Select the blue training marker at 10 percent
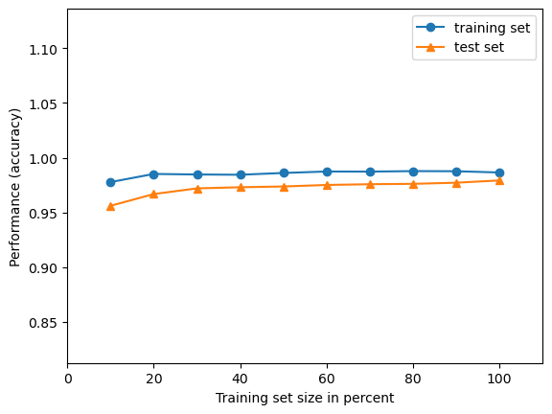(x=110, y=182)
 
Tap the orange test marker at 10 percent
(x=110, y=206)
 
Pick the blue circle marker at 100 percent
(x=499, y=172)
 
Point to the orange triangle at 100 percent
(x=499, y=180)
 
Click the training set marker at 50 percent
(x=284, y=173)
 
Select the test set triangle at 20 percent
(x=153, y=194)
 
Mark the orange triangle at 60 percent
(x=327, y=185)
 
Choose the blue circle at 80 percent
(x=413, y=172)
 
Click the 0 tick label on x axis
(x=67, y=379)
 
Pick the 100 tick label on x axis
(x=499, y=379)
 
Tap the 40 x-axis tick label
(x=240, y=379)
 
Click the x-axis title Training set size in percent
(x=305, y=398)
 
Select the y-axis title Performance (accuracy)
(x=15, y=187)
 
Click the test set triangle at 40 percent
(x=241, y=187)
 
